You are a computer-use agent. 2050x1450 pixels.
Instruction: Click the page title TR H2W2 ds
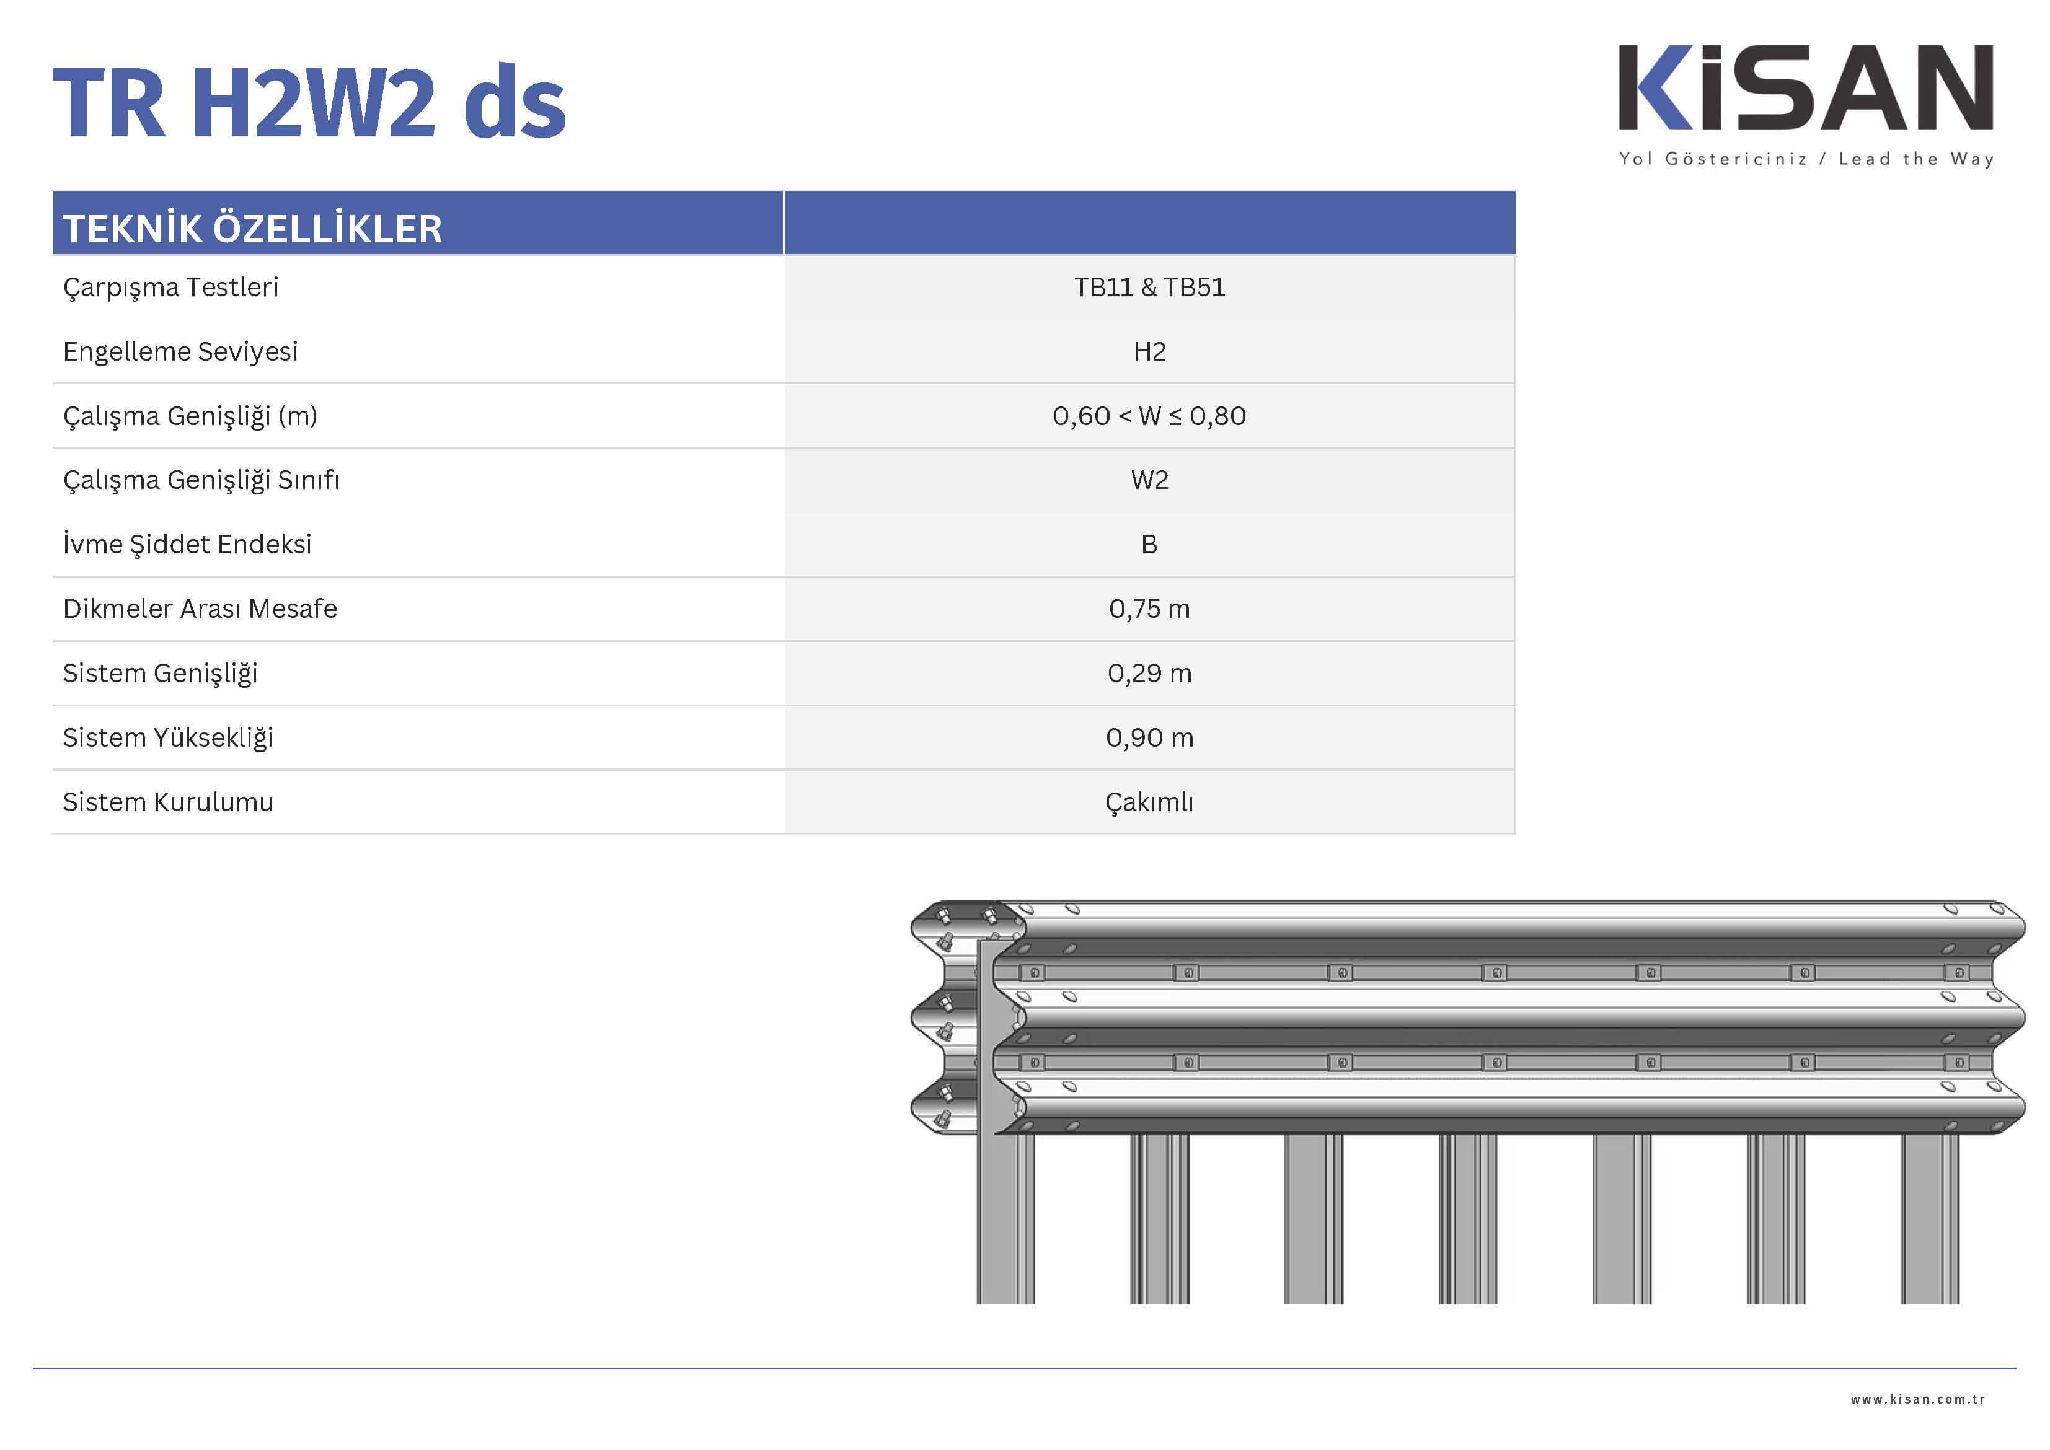pos(309,102)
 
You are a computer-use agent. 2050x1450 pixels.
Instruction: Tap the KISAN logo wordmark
pos(1806,87)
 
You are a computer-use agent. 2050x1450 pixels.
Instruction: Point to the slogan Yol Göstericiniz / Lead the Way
pos(1806,159)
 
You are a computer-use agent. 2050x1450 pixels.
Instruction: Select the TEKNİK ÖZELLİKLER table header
pos(253,227)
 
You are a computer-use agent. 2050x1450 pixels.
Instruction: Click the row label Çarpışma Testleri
pos(170,288)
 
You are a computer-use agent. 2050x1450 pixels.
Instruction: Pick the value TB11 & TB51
pos(1150,288)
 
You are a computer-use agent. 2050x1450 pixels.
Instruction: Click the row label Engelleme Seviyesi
pos(180,352)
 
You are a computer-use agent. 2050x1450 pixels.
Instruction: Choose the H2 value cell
pos(1150,352)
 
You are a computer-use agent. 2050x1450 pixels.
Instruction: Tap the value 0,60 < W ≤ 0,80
pos(1150,416)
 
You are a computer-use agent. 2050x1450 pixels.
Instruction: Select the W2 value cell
pos(1150,480)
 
